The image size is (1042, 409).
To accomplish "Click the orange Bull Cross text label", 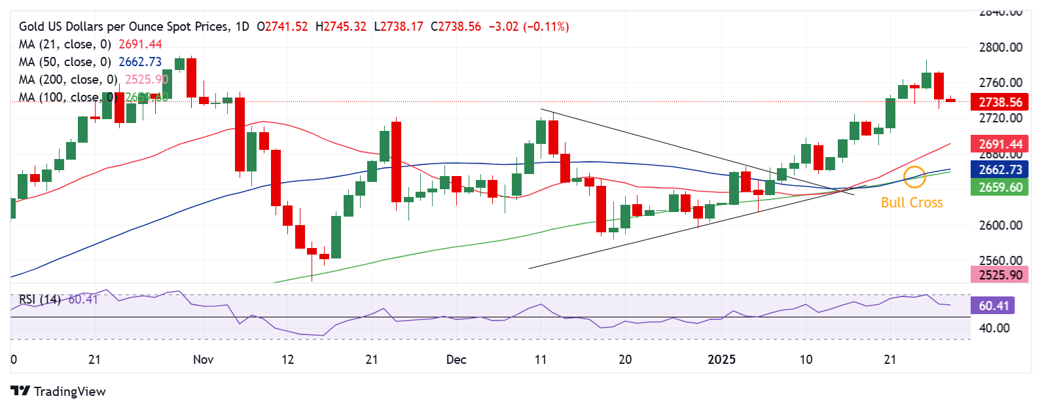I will coord(912,203).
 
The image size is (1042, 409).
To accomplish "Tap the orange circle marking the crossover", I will coord(914,177).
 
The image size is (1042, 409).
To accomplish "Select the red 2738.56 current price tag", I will coord(1000,102).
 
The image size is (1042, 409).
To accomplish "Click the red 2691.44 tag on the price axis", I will coord(1000,144).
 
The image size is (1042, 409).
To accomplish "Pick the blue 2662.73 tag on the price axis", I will coord(1000,169).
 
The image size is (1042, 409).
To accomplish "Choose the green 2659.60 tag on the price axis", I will coord(1000,187).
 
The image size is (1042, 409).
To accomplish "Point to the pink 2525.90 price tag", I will coord(1000,275).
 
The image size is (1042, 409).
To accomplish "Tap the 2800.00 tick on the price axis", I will coord(1000,47).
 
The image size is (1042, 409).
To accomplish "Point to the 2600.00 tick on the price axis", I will coord(1000,225).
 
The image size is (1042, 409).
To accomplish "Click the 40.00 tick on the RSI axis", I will coord(994,328).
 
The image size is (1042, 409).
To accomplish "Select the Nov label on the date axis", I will coord(204,359).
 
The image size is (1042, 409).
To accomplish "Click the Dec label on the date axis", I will coord(456,359).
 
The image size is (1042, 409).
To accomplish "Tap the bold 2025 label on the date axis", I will coord(722,359).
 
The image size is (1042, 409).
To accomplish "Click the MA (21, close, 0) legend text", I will coord(65,44).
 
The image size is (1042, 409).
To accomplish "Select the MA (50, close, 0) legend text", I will coord(65,62).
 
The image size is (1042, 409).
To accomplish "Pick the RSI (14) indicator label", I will coord(39,299).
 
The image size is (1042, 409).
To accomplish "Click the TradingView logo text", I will coord(69,391).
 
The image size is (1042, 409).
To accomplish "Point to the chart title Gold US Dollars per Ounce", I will coord(124,26).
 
